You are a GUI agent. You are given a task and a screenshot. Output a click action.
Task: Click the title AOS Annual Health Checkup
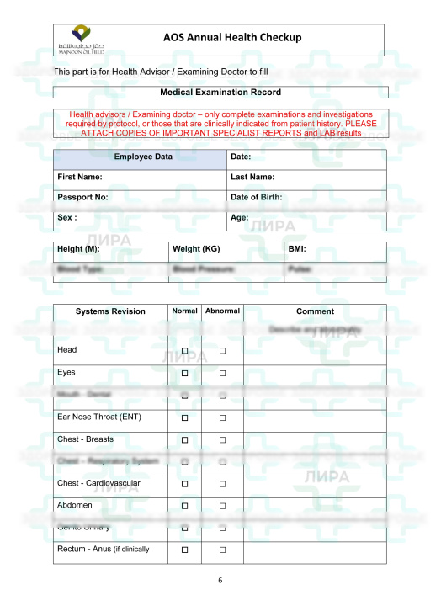pyautogui.click(x=232, y=38)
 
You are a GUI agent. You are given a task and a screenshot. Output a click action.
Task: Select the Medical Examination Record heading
pyautogui.click(x=220, y=93)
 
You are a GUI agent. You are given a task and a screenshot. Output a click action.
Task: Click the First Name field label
pyautogui.click(x=80, y=178)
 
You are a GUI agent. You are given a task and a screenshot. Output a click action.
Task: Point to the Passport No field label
pyautogui.click(x=82, y=198)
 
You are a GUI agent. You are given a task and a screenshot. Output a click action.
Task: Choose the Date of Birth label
pyautogui.click(x=256, y=198)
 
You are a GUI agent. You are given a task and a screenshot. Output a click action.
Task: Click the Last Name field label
pyautogui.click(x=252, y=178)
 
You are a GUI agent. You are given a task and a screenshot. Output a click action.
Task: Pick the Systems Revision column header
pyautogui.click(x=110, y=311)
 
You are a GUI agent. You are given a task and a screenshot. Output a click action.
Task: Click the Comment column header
pyautogui.click(x=315, y=311)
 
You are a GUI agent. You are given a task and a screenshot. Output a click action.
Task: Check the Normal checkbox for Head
pyautogui.click(x=184, y=350)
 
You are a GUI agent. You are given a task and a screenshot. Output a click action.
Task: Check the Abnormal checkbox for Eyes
pyautogui.click(x=223, y=373)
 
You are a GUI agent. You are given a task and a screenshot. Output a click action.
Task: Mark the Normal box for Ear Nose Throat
pyautogui.click(x=184, y=417)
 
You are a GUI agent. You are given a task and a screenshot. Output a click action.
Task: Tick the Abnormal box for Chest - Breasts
pyautogui.click(x=223, y=440)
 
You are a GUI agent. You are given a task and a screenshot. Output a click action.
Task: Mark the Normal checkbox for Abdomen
pyautogui.click(x=184, y=506)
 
